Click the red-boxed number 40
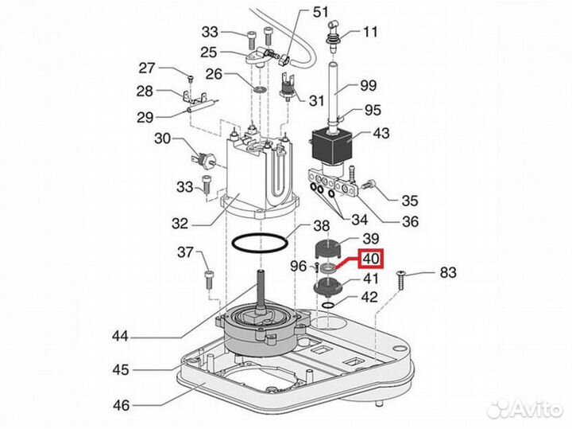[x=371, y=259]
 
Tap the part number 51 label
[x=321, y=12]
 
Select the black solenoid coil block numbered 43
[x=331, y=146]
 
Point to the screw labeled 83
[x=400, y=280]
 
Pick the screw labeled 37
[x=210, y=279]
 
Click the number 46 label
[x=121, y=405]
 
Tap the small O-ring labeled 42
[x=328, y=306]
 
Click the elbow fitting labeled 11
[x=334, y=37]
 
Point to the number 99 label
[x=368, y=85]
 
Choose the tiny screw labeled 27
[x=191, y=78]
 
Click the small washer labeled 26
[x=260, y=89]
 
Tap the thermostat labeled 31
[x=288, y=88]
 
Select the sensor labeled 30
[x=203, y=159]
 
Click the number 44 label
[x=121, y=335]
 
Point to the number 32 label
[x=180, y=224]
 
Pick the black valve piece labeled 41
[x=328, y=286]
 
